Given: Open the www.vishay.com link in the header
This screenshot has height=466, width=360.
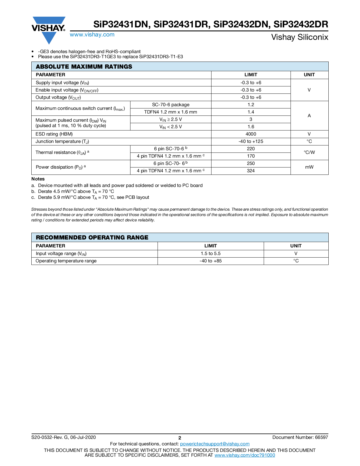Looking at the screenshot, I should point(92,35).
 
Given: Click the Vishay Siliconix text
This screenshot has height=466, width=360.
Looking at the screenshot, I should point(300,37).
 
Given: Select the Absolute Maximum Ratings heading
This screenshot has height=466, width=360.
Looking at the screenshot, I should point(84,67).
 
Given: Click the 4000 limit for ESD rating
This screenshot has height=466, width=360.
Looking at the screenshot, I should point(251,134).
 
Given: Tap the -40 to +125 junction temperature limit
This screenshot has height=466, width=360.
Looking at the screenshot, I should point(251,141).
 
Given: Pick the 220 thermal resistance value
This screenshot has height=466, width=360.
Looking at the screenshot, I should point(251,149).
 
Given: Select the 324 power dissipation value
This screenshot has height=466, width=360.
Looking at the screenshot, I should point(251,171).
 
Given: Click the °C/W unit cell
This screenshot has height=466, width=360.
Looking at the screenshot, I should point(309,153).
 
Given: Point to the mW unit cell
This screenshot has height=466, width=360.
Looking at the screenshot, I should point(309,167).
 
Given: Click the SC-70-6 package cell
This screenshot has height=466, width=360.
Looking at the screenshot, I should point(171,105).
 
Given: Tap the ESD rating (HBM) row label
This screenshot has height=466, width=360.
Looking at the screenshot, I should point(54,134).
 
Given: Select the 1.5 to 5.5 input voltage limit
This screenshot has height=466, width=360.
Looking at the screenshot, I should point(211,254).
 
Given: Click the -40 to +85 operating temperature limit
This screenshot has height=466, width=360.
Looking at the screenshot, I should point(211,261).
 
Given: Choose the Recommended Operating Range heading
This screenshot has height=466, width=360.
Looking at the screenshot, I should point(92,238).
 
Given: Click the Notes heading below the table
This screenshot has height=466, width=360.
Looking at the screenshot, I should point(38,179).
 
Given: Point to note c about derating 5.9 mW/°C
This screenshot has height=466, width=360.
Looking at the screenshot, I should point(93,197).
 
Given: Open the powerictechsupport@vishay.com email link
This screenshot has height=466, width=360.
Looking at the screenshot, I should point(215,444).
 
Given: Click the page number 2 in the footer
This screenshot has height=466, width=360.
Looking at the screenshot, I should point(180,438).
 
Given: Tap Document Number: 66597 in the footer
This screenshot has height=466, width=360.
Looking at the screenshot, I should point(300,437).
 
